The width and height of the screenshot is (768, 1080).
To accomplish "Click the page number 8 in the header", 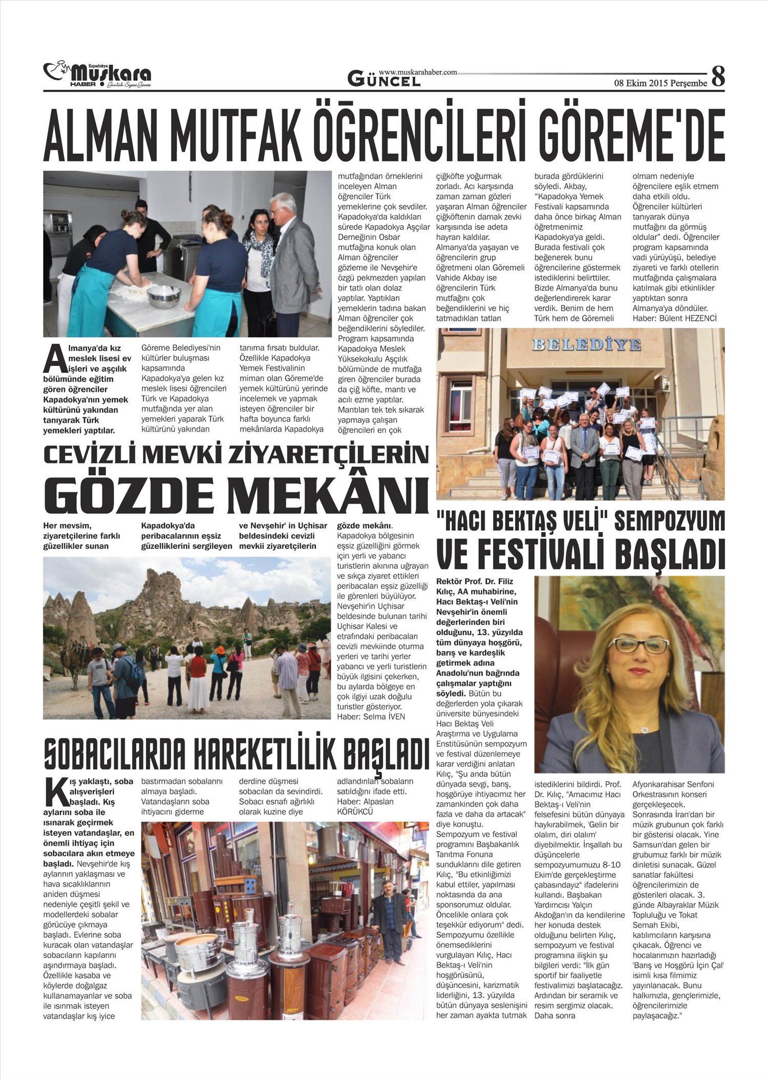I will (x=718, y=77).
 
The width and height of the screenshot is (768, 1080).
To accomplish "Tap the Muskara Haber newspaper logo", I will (x=97, y=75).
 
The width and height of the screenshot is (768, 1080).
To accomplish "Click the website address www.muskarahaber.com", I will (x=418, y=73).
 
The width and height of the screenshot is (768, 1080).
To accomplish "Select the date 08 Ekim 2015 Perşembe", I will (x=660, y=83).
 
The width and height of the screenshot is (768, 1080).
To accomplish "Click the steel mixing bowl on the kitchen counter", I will (x=164, y=296).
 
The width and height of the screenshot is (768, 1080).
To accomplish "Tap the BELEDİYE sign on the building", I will (x=586, y=344).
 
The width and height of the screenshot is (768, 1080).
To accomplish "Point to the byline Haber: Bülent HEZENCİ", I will (x=675, y=318).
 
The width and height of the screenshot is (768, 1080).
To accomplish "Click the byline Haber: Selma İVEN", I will (x=371, y=717).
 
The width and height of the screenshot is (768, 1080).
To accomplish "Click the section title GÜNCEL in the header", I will (x=384, y=79).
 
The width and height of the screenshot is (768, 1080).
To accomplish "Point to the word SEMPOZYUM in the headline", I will (x=669, y=522).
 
